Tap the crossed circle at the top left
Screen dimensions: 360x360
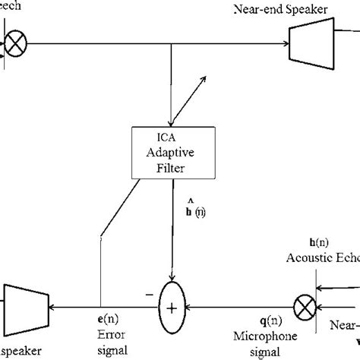pos(15,45)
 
